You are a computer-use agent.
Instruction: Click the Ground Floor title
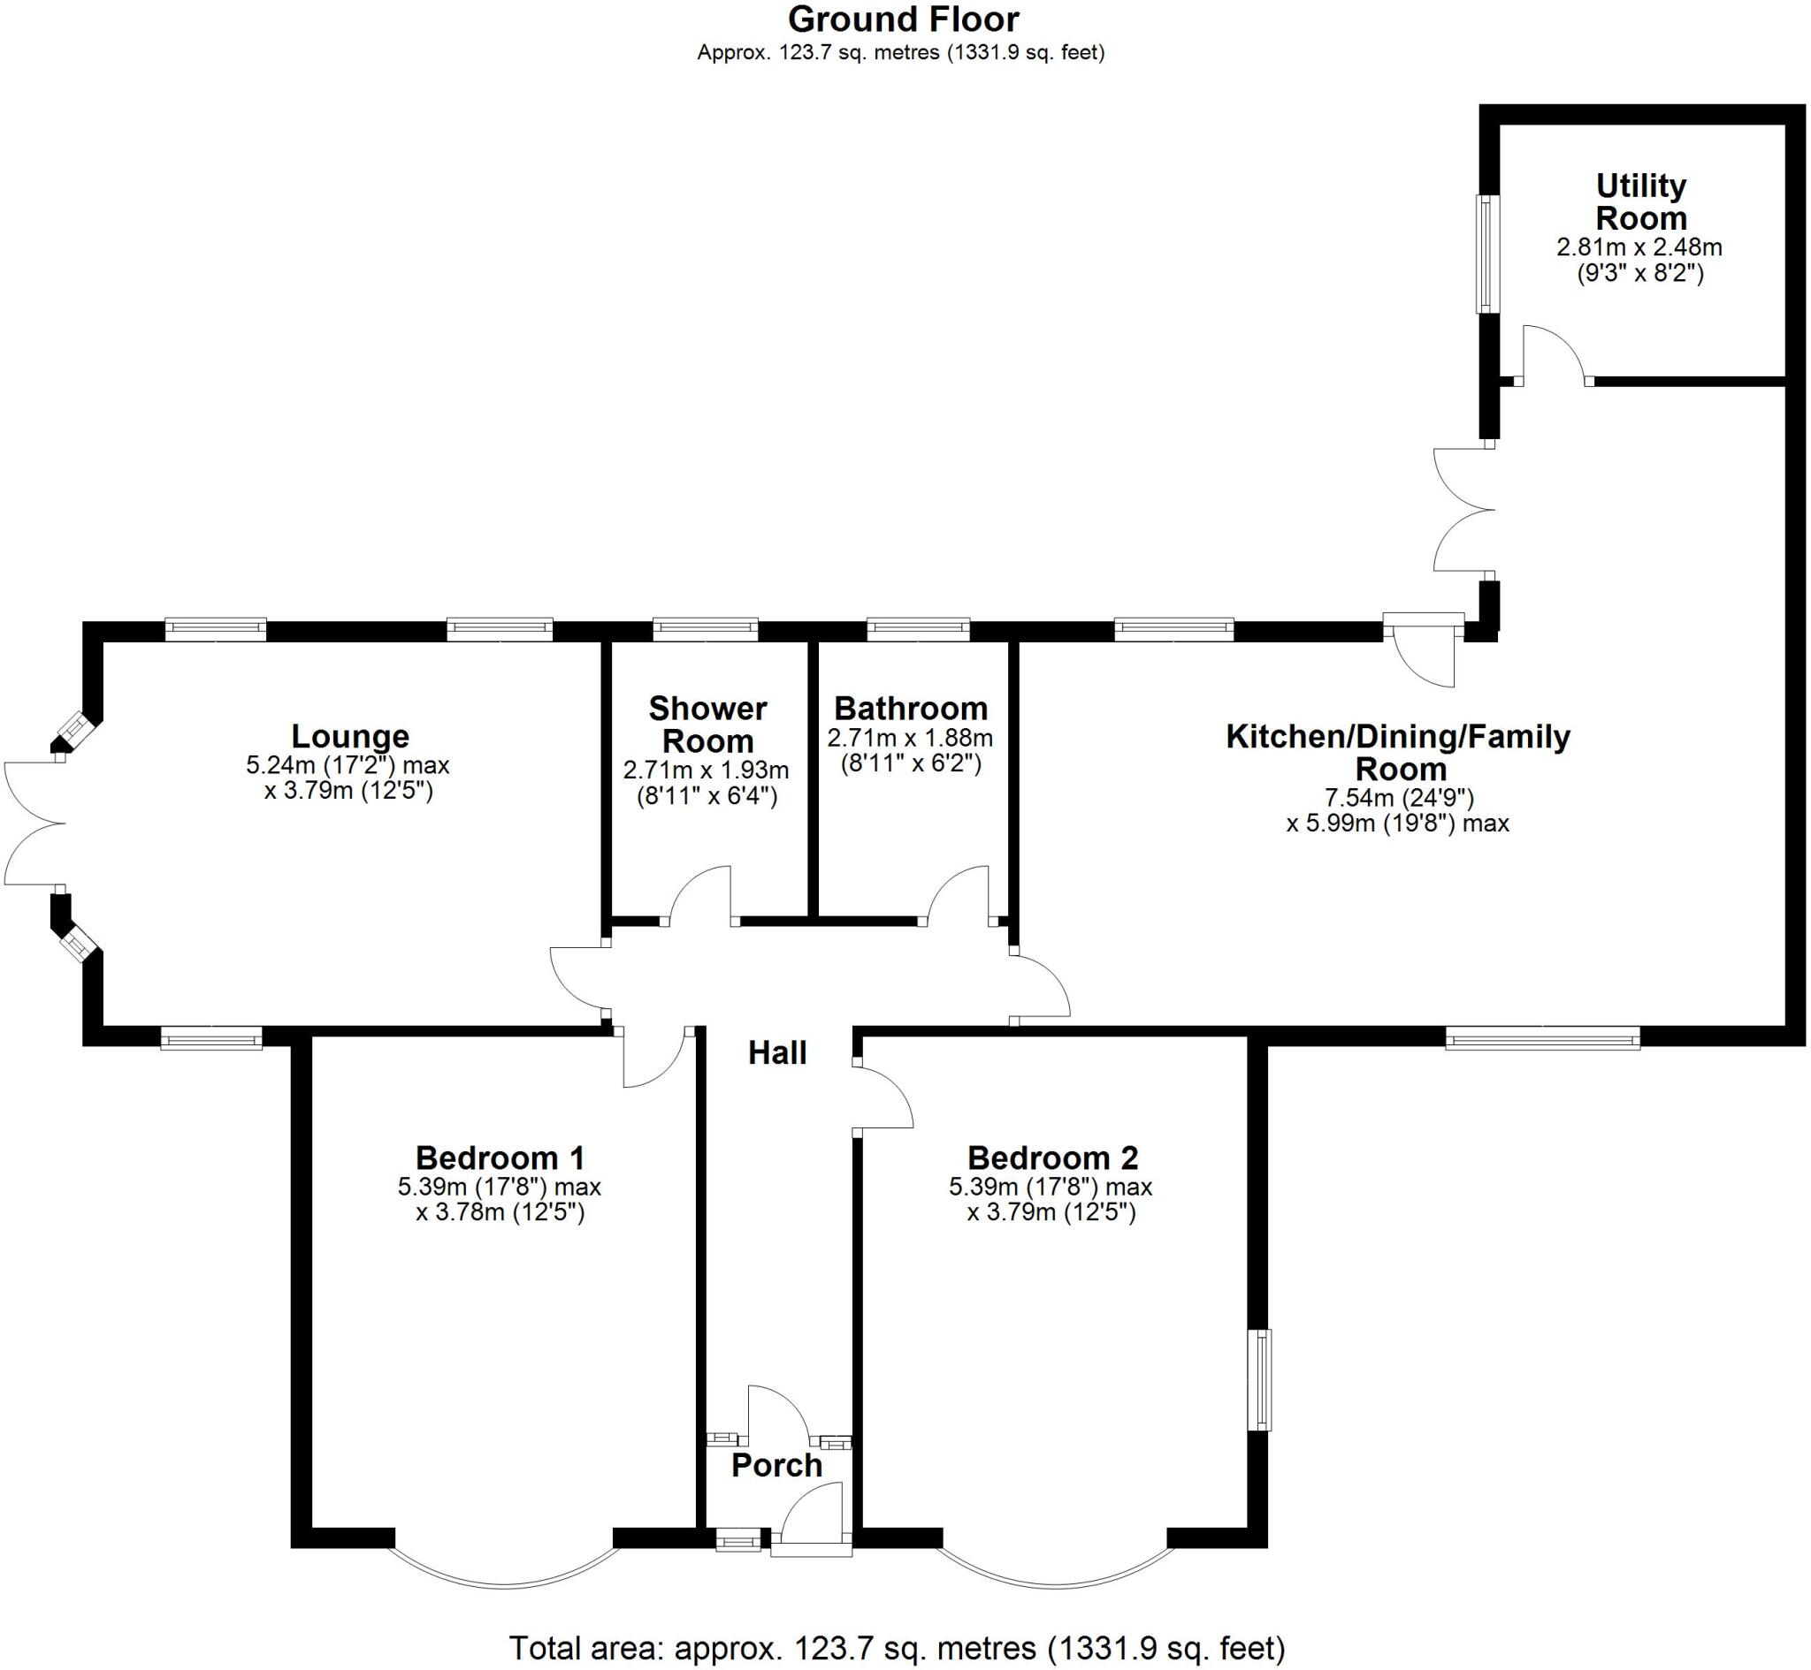(903, 19)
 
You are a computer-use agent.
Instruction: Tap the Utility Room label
(1641, 201)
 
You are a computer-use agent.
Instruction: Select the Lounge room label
(350, 737)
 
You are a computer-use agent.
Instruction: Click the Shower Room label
(708, 725)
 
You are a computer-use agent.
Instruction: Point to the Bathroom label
(911, 709)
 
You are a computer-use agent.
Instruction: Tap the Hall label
(777, 1052)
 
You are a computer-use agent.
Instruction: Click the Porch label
(776, 1465)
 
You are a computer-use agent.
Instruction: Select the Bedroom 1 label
(500, 1158)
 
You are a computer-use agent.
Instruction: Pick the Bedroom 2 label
(1051, 1158)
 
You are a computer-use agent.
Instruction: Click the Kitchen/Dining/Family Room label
(1398, 753)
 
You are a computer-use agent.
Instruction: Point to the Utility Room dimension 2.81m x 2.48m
(1639, 247)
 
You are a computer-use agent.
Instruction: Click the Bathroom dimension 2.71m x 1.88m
(911, 739)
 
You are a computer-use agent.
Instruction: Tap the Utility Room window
(1486, 254)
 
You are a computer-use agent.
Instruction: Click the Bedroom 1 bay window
(505, 1577)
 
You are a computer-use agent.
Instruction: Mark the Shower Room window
(706, 628)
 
